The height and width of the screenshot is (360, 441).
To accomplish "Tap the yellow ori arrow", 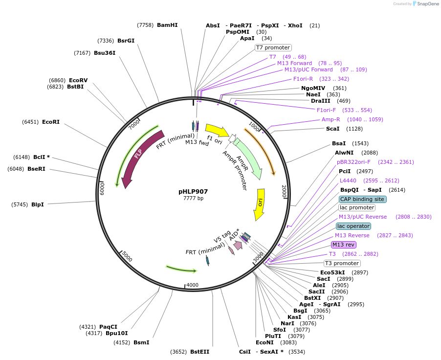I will point(260,203).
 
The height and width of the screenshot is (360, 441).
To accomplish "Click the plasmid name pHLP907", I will point(193,192).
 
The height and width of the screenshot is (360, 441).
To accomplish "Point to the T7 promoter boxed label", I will point(273,47).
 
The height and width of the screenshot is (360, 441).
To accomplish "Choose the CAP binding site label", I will point(362,199).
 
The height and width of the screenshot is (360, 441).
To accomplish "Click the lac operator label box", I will point(353,226).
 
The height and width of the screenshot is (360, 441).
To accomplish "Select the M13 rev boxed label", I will point(344,245).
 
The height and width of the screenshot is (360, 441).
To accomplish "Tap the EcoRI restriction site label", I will point(51,122).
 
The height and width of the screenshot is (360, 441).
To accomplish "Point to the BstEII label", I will point(199,352).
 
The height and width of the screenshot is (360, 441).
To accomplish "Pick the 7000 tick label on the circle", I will point(134,125).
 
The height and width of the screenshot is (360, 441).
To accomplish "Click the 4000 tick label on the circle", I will point(193,285).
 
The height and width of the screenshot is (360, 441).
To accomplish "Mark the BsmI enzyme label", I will point(141,342).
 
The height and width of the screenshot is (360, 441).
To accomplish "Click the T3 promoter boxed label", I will point(342,263).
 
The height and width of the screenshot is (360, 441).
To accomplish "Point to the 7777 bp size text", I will point(193,198).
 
